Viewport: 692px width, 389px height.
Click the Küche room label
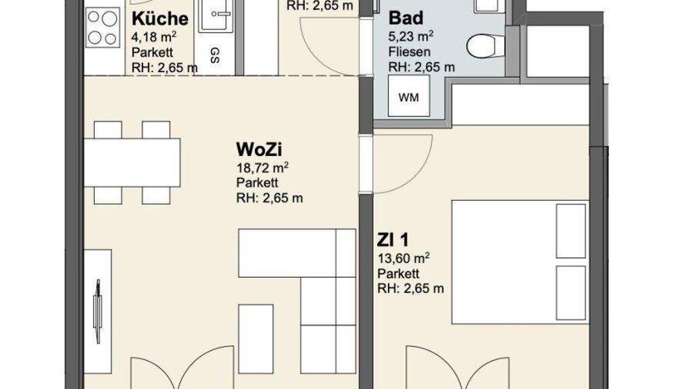pyautogui.click(x=159, y=19)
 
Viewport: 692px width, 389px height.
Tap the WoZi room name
pyautogui.click(x=259, y=149)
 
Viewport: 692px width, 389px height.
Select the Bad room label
pyautogui.click(x=405, y=18)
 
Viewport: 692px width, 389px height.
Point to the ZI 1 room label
pyautogui.click(x=393, y=240)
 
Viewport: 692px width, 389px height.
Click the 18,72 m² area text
pyautogui.click(x=262, y=167)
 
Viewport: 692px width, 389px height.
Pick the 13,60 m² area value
pyautogui.click(x=403, y=258)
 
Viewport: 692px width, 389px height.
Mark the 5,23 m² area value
pyautogui.click(x=410, y=36)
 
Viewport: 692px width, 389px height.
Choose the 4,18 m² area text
pyautogui.click(x=154, y=36)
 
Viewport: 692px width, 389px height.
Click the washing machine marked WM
pyautogui.click(x=409, y=96)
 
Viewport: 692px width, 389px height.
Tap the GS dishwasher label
pyautogui.click(x=215, y=55)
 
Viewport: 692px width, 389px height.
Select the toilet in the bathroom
pyautogui.click(x=485, y=46)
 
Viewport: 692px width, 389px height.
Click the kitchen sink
pyautogui.click(x=215, y=16)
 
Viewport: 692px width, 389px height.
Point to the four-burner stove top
pyautogui.click(x=102, y=27)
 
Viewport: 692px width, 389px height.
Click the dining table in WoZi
pyautogui.click(x=132, y=162)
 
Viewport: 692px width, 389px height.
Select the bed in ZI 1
pyautogui.click(x=520, y=263)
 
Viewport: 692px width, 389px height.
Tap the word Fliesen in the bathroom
pyautogui.click(x=409, y=51)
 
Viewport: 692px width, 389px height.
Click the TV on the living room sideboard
pyautogui.click(x=97, y=311)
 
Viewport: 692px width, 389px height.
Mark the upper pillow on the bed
pyautogui.click(x=570, y=231)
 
